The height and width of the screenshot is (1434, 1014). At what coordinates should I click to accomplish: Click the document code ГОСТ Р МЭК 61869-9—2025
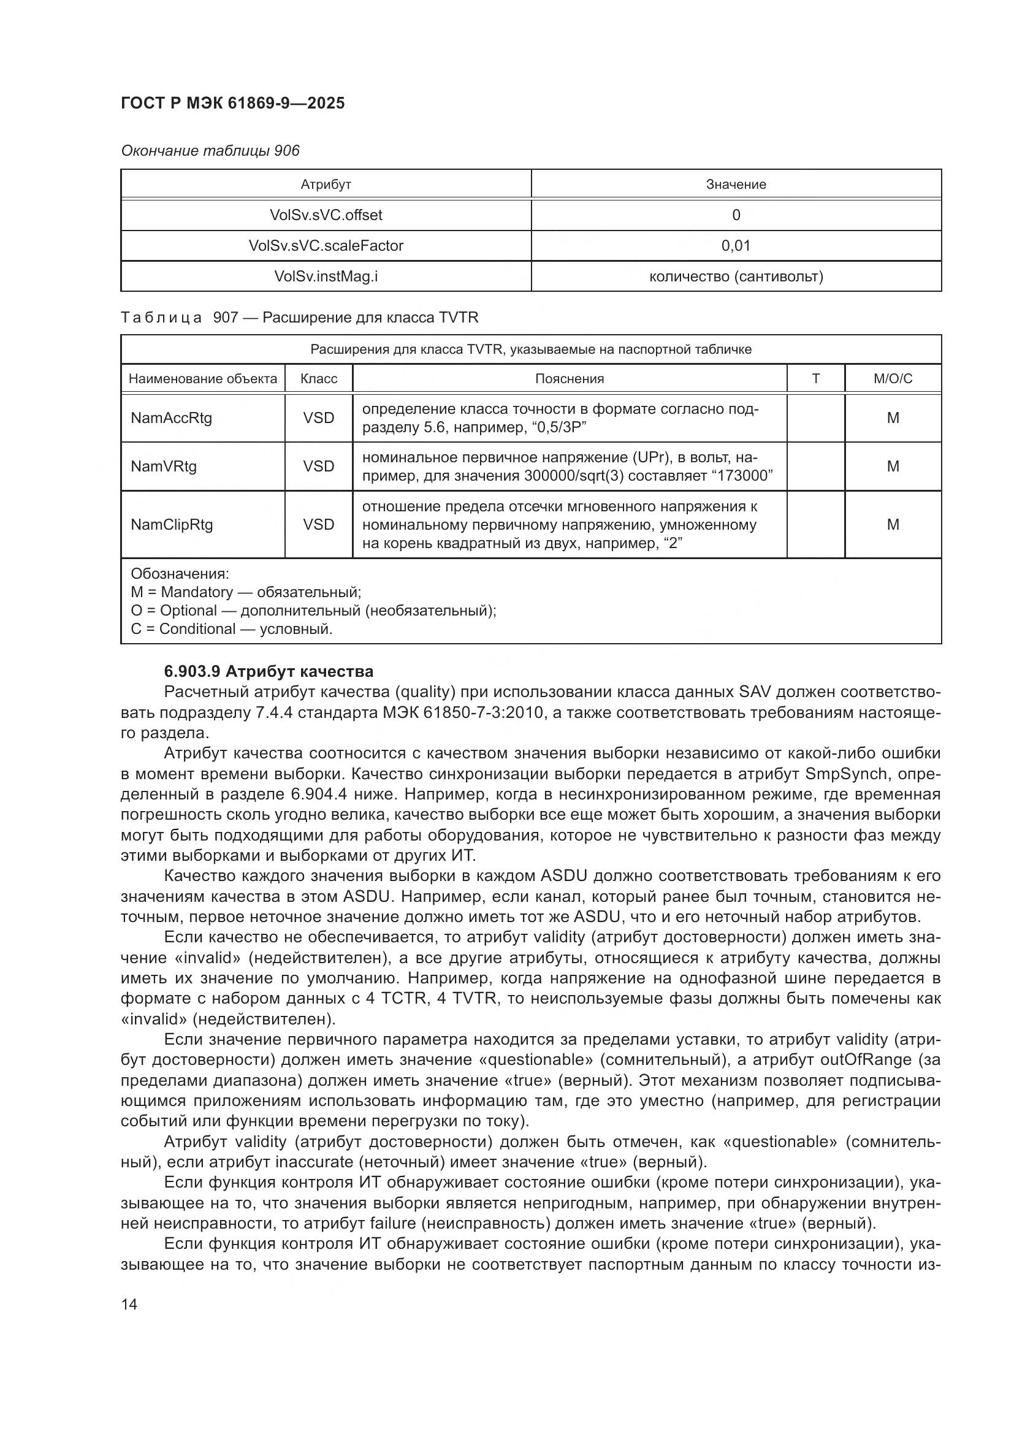(232, 103)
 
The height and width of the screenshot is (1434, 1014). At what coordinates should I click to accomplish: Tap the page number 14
(129, 1304)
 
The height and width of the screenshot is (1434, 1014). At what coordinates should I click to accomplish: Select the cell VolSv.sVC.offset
(326, 215)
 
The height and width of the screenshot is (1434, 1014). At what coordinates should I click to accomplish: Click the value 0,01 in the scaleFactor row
(736, 245)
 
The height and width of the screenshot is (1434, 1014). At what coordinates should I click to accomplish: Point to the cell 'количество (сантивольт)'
(736, 276)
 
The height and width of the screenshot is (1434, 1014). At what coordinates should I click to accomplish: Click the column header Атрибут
(326, 185)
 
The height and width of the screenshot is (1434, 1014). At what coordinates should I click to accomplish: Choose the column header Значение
(736, 185)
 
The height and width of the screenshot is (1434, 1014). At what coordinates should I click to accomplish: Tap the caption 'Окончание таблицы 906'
(210, 151)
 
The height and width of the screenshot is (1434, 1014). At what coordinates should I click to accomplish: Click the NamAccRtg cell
(171, 418)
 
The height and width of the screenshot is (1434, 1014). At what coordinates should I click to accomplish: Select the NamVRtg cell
(164, 466)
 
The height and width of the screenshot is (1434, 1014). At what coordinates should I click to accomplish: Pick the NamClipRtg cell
(172, 524)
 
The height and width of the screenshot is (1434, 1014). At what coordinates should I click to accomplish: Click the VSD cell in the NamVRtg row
(318, 466)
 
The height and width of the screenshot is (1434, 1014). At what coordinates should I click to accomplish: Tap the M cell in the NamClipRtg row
(892, 524)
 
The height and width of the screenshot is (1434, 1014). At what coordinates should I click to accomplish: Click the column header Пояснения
(569, 378)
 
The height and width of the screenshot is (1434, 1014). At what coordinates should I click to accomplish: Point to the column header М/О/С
(892, 378)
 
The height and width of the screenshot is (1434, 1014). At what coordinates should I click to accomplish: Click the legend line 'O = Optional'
(313, 610)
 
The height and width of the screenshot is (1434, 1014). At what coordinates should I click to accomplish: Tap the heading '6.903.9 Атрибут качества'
(269, 671)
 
